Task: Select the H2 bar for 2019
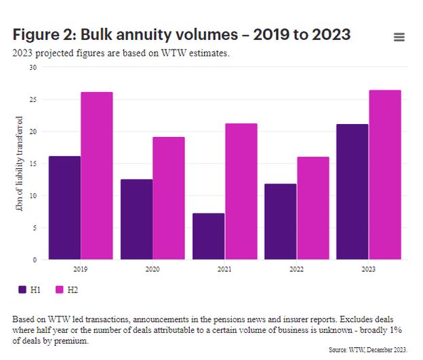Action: pos(97,176)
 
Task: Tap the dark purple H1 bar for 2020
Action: pos(136,219)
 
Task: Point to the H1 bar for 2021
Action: pos(208,236)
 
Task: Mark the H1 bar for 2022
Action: pos(281,221)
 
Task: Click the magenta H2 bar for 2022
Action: pos(313,208)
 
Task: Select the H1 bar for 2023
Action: pos(352,191)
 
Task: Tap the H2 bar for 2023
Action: pos(385,174)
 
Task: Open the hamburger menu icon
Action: pos(399,37)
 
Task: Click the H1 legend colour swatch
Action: pos(23,289)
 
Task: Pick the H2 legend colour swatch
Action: pos(59,289)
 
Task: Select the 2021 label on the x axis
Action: pos(224,268)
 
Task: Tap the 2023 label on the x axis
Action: pos(369,268)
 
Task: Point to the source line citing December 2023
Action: pos(368,349)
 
